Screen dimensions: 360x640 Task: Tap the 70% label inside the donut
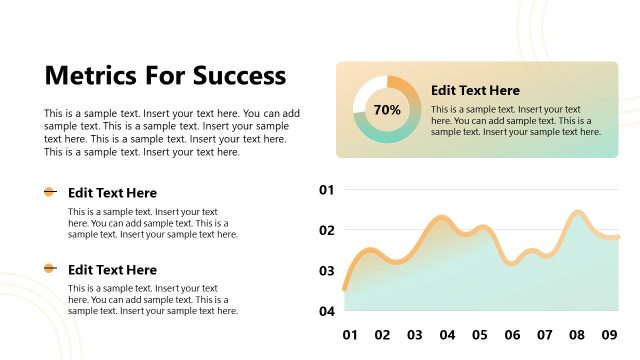(387, 109)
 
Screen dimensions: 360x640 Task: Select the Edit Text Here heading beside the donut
(475, 90)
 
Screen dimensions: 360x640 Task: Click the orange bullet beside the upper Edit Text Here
(50, 192)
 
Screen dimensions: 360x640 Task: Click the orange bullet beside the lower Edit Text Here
(50, 268)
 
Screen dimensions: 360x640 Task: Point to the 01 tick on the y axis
(326, 190)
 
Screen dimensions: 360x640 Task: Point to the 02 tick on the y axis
(326, 230)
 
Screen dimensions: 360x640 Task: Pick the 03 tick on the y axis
(326, 271)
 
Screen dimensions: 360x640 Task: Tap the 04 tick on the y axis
(326, 311)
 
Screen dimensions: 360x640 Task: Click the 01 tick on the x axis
(350, 335)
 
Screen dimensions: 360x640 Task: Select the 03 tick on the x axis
(415, 335)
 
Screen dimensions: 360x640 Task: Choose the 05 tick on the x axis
(480, 335)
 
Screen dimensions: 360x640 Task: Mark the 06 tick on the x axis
(512, 335)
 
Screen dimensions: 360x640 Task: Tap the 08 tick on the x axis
(577, 335)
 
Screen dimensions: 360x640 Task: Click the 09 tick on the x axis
(610, 335)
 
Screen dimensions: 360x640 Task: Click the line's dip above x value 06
(512, 264)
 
